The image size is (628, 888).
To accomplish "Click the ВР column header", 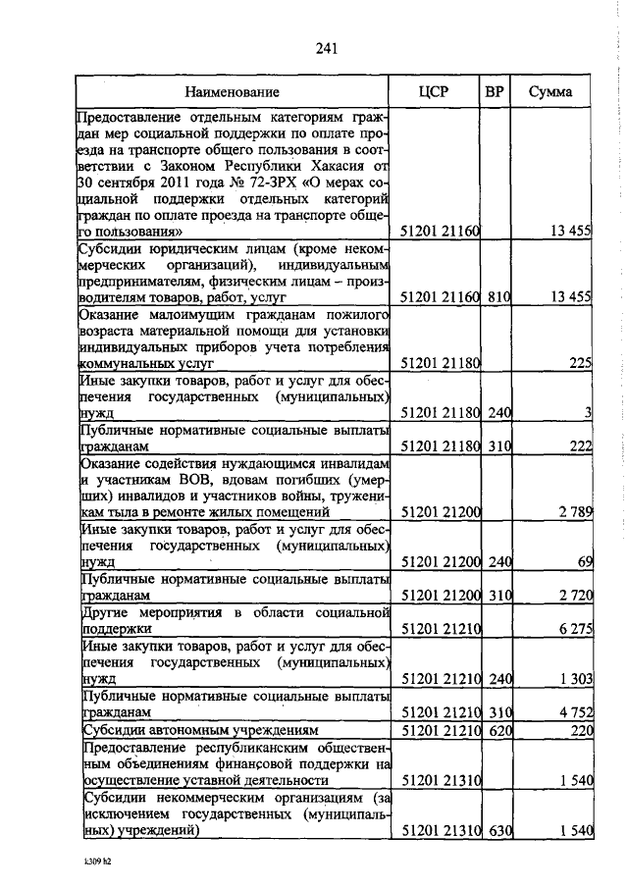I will tap(496, 93).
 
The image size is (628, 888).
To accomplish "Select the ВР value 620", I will tap(499, 731).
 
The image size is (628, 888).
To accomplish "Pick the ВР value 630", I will tap(499, 832).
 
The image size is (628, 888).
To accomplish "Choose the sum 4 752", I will tap(574, 712).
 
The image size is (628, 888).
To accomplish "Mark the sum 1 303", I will tap(574, 678).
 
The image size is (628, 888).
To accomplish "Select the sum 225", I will tap(579, 363).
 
